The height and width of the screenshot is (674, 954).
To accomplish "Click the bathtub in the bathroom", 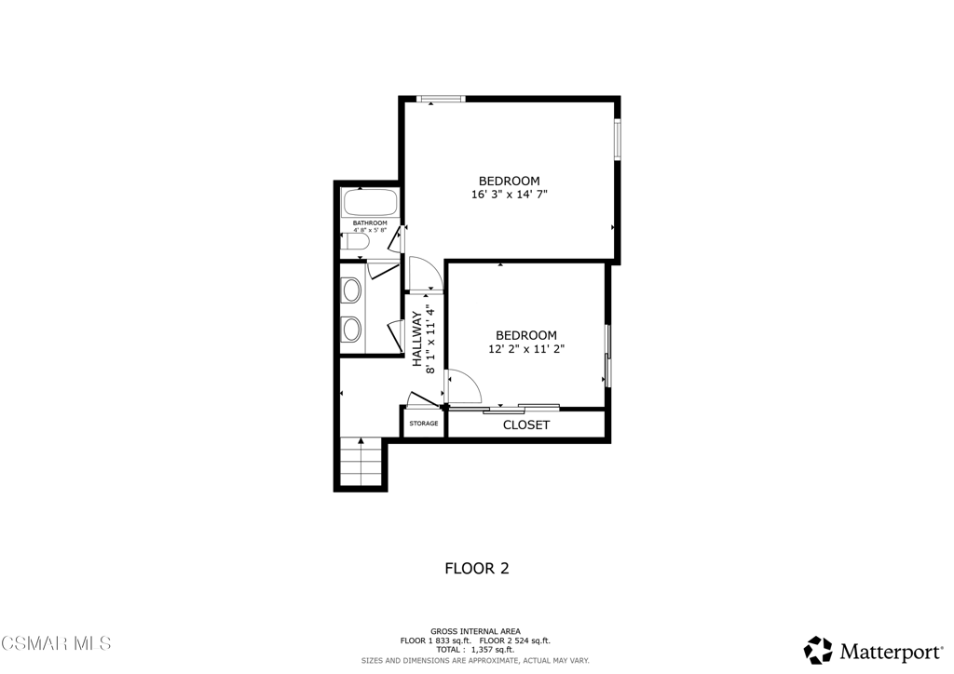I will point(370,202).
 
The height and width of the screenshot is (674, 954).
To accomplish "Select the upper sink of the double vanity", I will point(352,290).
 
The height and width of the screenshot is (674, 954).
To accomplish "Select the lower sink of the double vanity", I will point(352,329).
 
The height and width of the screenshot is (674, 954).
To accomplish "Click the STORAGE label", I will point(423,424).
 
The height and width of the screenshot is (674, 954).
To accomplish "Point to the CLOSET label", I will point(526,425).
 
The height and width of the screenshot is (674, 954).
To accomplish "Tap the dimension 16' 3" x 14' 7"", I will point(509,195).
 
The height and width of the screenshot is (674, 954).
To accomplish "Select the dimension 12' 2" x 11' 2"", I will point(526,349).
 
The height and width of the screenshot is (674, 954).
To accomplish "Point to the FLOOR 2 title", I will point(476,568).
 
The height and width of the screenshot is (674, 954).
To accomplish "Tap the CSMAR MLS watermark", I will point(56,643).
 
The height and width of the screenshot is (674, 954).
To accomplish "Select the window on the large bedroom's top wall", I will point(440,99).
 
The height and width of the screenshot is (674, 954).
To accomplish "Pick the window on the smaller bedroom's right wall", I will point(606,355).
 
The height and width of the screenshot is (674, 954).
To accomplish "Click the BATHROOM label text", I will point(369,223).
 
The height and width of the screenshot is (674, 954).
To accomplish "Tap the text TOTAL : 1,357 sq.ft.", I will point(475,649).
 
